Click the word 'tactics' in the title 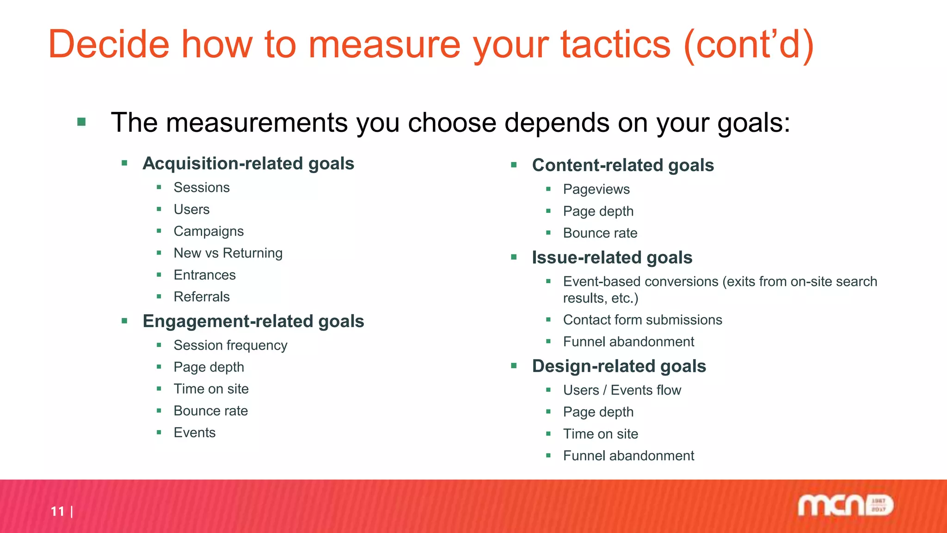[x=615, y=45]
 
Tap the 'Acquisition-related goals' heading [x=248, y=163]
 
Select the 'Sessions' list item [x=202, y=187]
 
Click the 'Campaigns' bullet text [x=209, y=231]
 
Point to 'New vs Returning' [x=228, y=253]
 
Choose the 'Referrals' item [x=202, y=297]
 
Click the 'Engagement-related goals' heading [x=253, y=321]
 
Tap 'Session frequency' [x=230, y=345]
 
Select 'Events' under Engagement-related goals [x=195, y=433]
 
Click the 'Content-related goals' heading [x=623, y=165]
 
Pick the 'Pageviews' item [x=596, y=189]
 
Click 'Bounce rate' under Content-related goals [x=600, y=233]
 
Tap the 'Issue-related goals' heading [x=612, y=257]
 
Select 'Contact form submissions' [x=642, y=320]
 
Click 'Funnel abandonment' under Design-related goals [x=628, y=456]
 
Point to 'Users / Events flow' [x=622, y=390]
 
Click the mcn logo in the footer [x=845, y=505]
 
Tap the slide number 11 [x=58, y=511]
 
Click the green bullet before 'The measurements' [x=82, y=122]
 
